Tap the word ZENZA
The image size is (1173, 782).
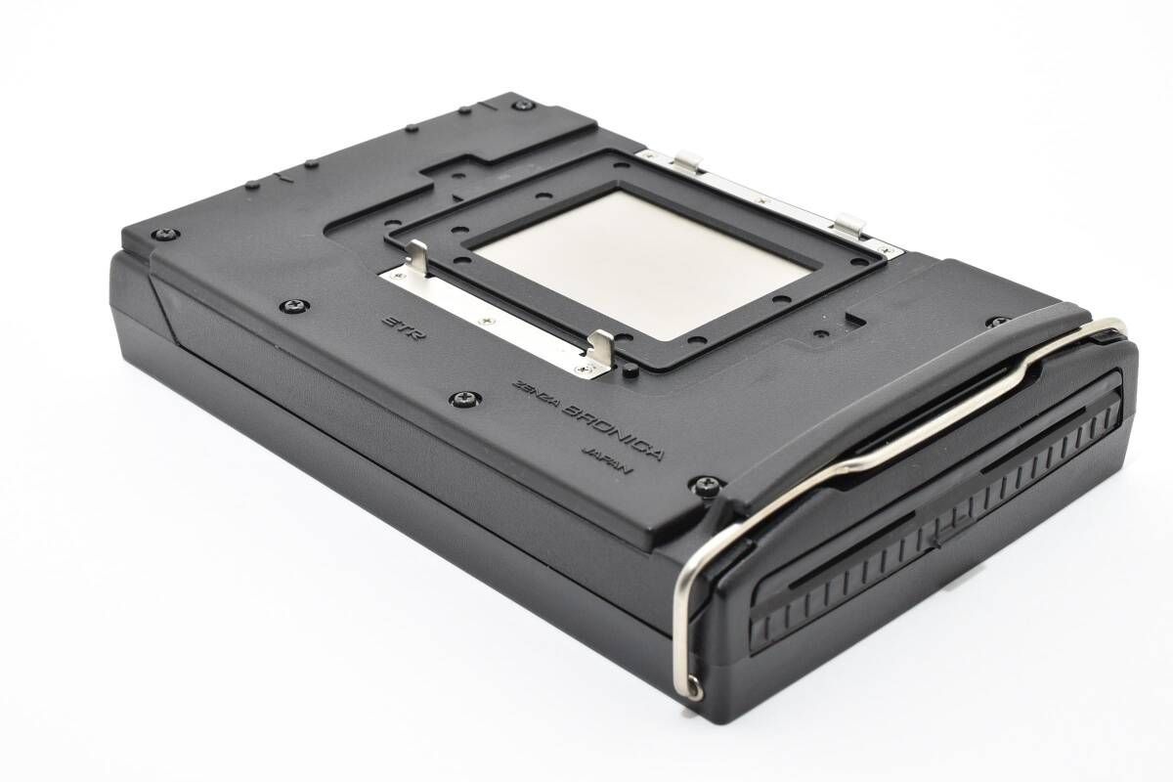pyautogui.click(x=537, y=392)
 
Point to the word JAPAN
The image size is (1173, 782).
pyautogui.click(x=607, y=459)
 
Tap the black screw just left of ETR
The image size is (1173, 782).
pyautogui.click(x=294, y=305)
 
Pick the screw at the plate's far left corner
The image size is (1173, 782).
pyautogui.click(x=166, y=234)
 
